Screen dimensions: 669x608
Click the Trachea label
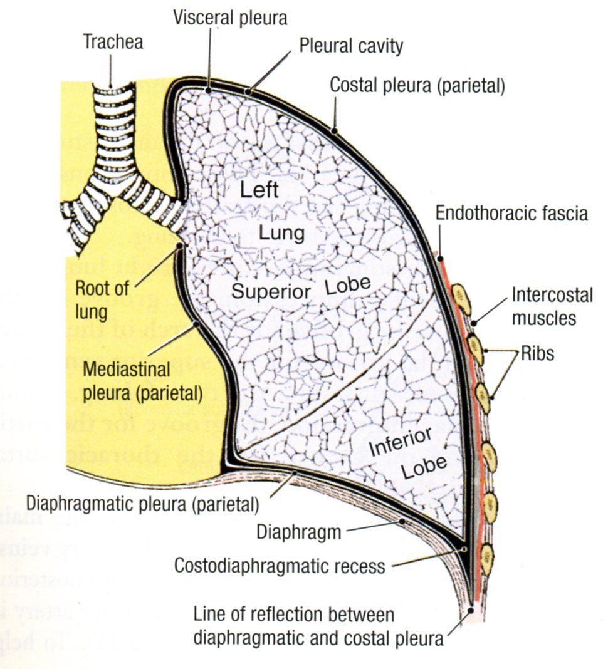coord(113,43)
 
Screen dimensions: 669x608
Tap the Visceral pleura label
coord(230,18)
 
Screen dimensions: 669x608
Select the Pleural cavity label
coord(351,46)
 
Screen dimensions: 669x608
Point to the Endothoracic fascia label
coord(511,214)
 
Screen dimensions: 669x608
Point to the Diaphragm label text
coord(300,533)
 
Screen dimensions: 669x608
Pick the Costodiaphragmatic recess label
coord(280,567)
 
